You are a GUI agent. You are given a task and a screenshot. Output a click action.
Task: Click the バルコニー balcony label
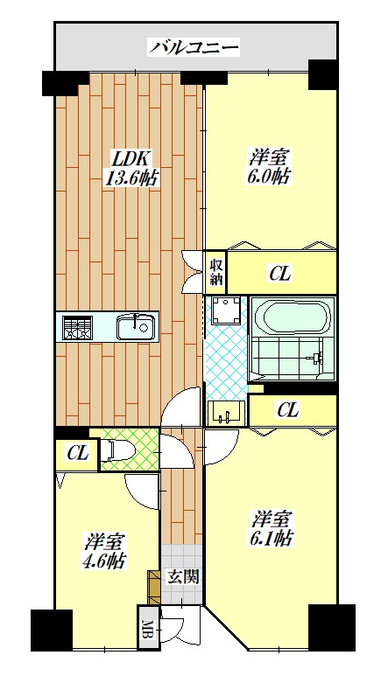pos(194,47)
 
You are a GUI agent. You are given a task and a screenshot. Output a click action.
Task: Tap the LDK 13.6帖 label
pos(130,168)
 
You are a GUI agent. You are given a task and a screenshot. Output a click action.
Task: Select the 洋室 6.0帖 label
pos(270,166)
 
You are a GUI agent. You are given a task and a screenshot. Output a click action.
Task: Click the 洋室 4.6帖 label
pos(104,550)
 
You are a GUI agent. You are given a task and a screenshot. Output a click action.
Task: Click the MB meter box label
pos(148,627)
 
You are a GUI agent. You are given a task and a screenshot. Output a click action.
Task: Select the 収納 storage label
pos(216,271)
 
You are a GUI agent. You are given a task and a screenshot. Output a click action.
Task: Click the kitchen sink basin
pos(136,327)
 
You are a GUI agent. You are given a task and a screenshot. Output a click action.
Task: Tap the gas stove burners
pos(76,327)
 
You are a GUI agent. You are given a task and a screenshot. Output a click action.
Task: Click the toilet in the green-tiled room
pos(119,450)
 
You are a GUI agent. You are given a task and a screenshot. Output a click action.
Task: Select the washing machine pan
pos(226,310)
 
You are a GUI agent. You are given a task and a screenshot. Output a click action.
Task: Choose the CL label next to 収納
pos(279,274)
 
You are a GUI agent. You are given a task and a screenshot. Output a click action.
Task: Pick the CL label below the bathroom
pos(288,410)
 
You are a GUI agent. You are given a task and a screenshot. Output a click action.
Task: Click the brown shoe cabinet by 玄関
pos(154,587)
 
